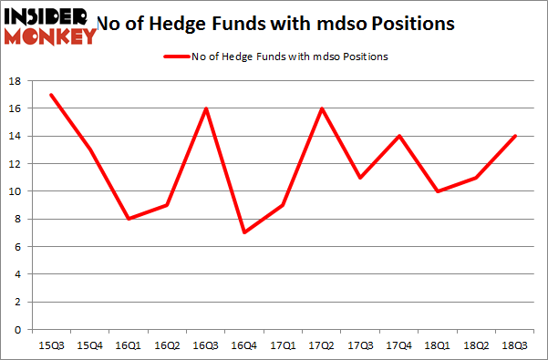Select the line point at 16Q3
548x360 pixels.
(x=206, y=108)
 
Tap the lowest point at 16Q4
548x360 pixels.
(x=245, y=232)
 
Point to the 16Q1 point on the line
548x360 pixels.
(x=128, y=219)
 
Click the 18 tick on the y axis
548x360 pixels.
(x=16, y=81)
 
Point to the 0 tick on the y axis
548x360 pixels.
(x=18, y=330)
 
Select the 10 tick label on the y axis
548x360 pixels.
(x=16, y=191)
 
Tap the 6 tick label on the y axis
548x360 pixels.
(x=18, y=247)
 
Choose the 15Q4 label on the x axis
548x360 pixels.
(x=88, y=345)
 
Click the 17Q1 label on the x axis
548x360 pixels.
(x=284, y=345)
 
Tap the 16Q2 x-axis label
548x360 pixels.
(x=167, y=345)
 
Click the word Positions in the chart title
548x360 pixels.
(x=408, y=23)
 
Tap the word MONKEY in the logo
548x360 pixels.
(x=51, y=36)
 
